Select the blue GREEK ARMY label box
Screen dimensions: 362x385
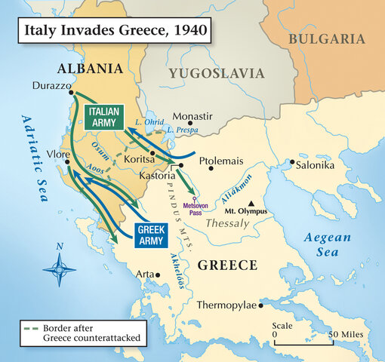pos(155,235)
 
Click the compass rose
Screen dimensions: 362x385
pos(58,266)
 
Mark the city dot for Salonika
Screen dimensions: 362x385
pos(292,161)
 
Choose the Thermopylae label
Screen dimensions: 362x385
pos(227,305)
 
